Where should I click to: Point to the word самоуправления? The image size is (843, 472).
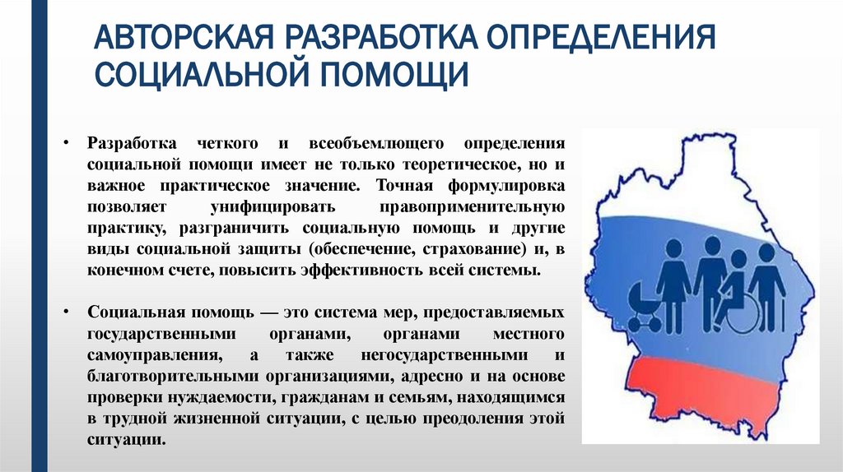click(x=151, y=356)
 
